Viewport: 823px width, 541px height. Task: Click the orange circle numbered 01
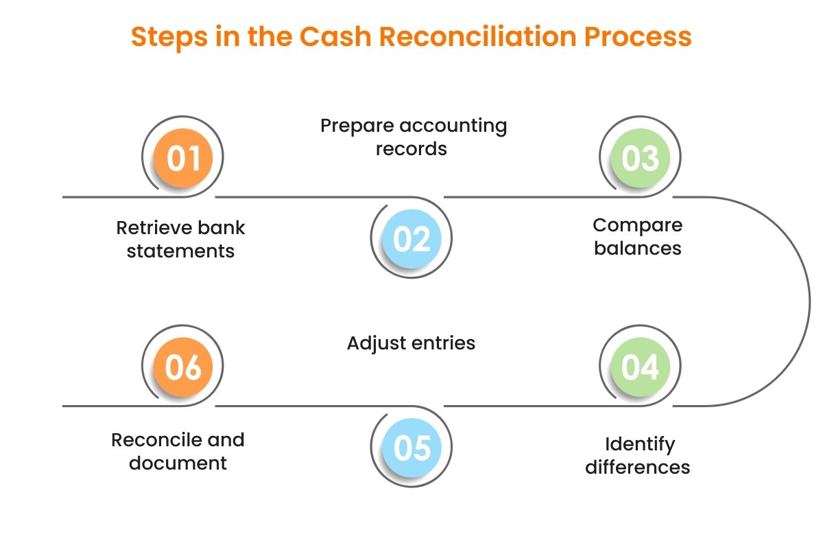183,158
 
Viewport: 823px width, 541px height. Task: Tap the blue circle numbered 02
412,239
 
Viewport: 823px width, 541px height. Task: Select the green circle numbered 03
640,158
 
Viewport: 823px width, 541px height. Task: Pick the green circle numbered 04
640,367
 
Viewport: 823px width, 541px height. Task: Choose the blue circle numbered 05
412,448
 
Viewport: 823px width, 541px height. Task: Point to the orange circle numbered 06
183,367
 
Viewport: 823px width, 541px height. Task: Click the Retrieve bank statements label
181,239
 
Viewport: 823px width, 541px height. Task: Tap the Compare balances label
638,236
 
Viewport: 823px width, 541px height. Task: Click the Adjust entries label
411,343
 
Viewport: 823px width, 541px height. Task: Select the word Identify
640,444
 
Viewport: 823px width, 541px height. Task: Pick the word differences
638,468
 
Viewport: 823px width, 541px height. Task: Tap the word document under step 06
178,463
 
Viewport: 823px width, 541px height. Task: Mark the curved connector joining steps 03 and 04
809,301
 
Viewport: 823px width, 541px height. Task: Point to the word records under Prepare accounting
411,149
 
